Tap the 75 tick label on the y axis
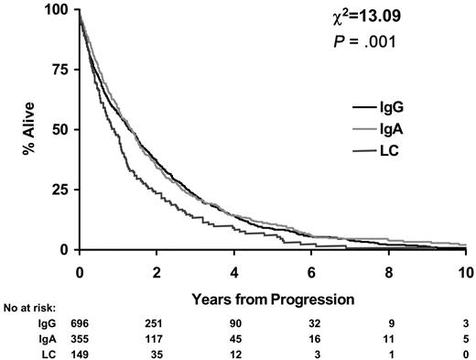60,70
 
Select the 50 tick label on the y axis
60,129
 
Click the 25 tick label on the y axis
60,190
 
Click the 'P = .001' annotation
393,39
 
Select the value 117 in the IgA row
157,337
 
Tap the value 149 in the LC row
80,351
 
